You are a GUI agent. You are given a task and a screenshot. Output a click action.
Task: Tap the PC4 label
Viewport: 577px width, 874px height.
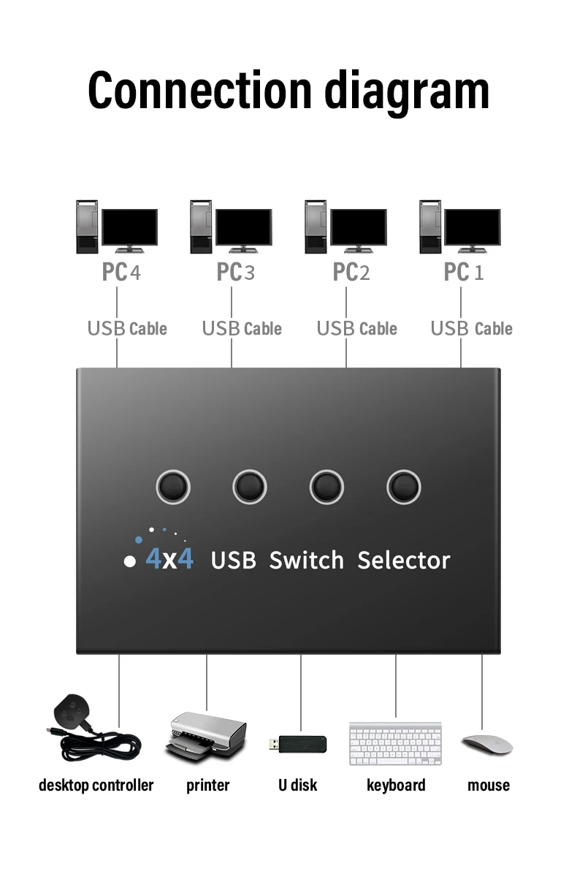point(121,272)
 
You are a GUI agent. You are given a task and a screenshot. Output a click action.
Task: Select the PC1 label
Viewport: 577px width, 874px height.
point(463,272)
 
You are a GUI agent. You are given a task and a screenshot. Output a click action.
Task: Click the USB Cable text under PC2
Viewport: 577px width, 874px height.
point(356,329)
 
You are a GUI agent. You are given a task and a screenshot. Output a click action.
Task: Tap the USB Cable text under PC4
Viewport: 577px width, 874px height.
point(127,329)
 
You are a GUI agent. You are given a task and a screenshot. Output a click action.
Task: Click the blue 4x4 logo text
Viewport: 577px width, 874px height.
point(169,559)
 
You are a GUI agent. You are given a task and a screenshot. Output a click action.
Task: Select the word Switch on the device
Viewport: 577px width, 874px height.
point(306,560)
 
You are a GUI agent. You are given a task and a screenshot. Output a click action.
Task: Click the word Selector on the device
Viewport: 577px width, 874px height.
point(403,560)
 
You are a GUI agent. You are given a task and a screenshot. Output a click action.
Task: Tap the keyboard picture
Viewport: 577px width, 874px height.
point(395,744)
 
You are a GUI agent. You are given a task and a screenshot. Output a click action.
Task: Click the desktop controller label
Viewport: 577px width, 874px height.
point(96,786)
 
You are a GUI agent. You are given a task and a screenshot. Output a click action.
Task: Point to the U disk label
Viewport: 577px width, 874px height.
point(297,786)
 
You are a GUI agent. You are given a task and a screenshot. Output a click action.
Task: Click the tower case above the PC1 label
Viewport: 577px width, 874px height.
point(429,227)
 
